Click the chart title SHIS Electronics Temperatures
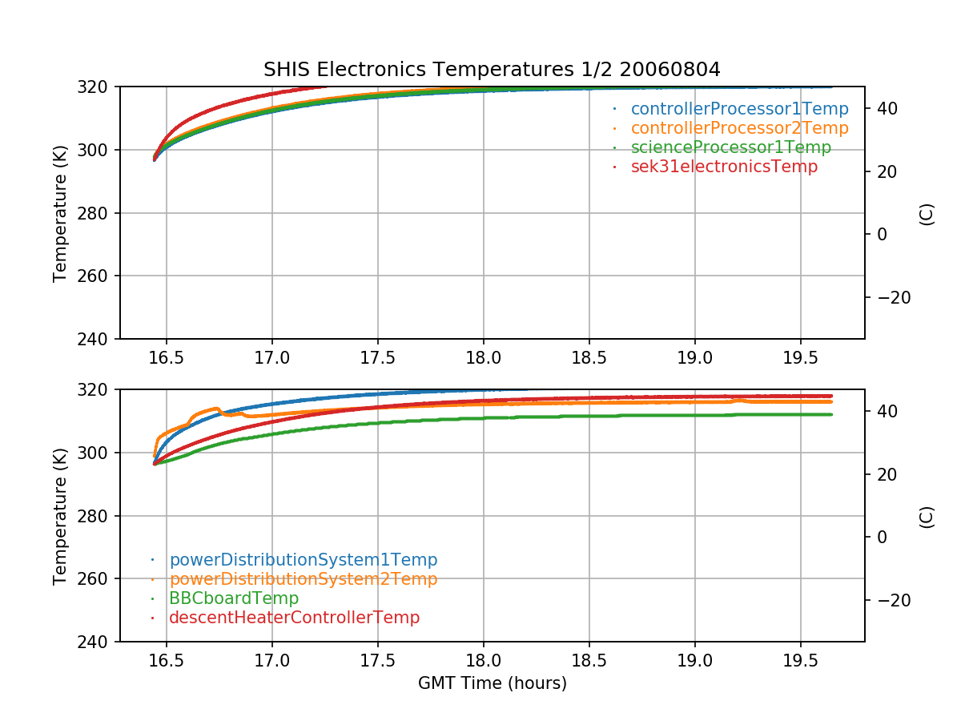coord(492,70)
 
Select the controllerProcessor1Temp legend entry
coord(739,108)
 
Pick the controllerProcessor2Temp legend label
coord(739,128)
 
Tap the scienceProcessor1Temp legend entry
coord(730,147)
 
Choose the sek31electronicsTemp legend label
coord(724,167)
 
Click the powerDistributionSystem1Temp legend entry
coord(303,560)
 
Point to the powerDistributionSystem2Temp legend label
coord(303,579)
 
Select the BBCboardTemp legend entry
coord(233,598)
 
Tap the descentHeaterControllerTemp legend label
coord(294,618)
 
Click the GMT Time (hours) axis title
coord(492,683)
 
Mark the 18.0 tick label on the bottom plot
coord(483,659)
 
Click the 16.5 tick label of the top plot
coord(166,356)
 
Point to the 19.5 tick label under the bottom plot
coord(800,659)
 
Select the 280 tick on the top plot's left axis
coord(100,213)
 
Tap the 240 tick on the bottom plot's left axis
coord(100,642)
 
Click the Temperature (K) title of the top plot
coord(60,213)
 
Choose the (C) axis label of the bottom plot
coord(927,516)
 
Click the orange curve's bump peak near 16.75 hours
coord(217,408)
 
